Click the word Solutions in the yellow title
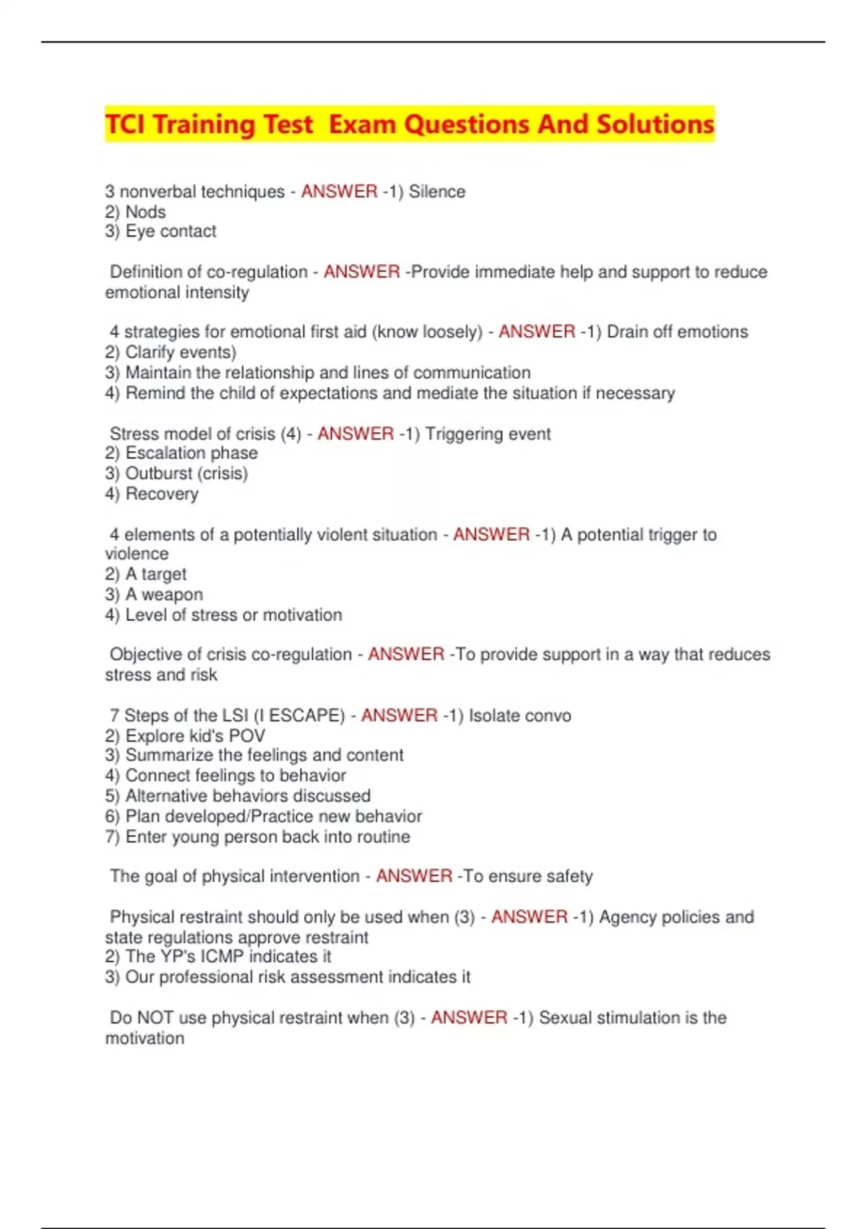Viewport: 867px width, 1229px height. (x=655, y=124)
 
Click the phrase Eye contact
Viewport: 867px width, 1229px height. (x=171, y=231)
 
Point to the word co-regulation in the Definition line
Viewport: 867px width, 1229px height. (x=257, y=272)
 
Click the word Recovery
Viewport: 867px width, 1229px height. (x=162, y=494)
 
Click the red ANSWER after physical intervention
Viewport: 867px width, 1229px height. (x=414, y=876)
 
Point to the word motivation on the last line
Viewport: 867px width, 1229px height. (x=144, y=1038)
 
